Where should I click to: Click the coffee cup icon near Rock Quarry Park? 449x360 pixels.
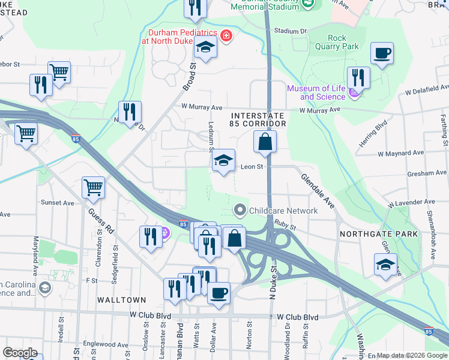click(x=382, y=54)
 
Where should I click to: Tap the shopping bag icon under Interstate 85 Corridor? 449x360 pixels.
click(x=265, y=143)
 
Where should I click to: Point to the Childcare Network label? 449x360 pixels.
click(x=276, y=211)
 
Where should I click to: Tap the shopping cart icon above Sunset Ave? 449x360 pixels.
click(x=94, y=188)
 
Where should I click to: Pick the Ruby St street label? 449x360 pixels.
click(x=286, y=224)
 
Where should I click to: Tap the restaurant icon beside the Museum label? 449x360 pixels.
click(x=358, y=77)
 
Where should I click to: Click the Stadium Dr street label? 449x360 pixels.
click(x=290, y=31)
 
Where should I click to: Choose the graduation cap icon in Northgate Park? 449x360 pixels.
click(x=386, y=265)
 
